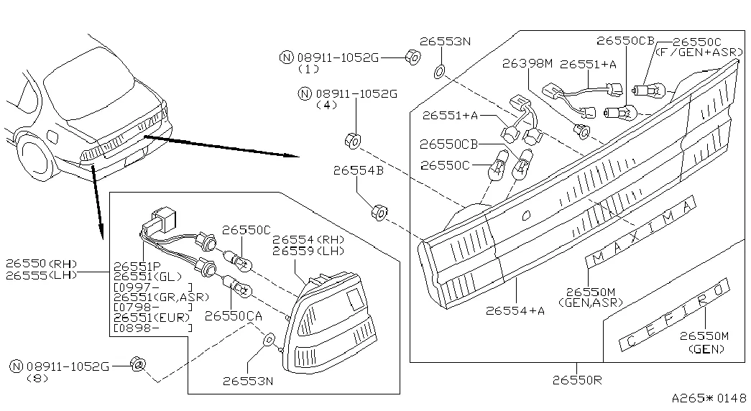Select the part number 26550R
[x=577, y=380]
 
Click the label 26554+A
[x=515, y=310]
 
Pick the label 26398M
[x=527, y=63]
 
